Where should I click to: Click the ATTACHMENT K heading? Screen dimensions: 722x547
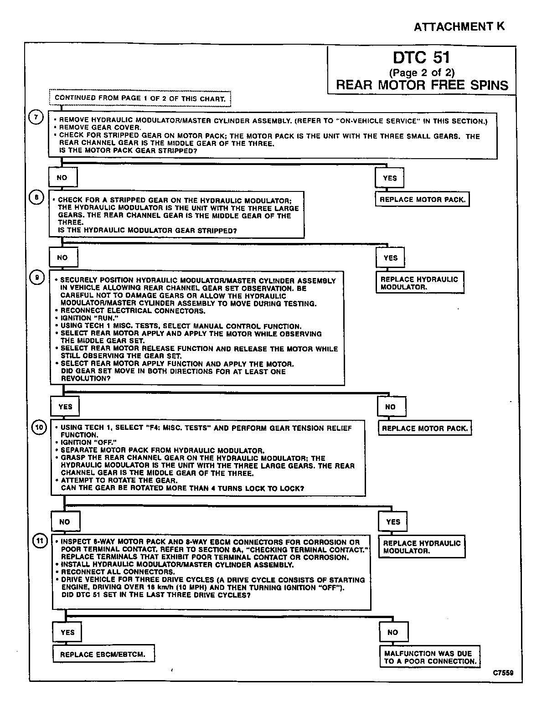coord(459,27)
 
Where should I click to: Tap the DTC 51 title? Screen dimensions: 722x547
coord(422,58)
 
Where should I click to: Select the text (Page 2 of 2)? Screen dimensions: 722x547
coord(422,72)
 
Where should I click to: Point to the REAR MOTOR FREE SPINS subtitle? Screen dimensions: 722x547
coord(422,85)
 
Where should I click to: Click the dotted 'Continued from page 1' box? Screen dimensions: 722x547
coord(140,98)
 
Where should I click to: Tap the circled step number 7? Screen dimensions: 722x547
coord(36,117)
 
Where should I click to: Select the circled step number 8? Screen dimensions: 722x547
coord(36,197)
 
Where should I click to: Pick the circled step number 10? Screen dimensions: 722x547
coord(39,427)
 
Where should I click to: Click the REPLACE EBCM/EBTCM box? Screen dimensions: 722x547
coord(103,654)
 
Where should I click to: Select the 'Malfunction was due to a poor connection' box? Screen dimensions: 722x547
coord(430,657)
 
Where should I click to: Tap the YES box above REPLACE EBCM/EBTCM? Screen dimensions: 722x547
coord(67,632)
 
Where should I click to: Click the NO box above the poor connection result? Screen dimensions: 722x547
coord(393,632)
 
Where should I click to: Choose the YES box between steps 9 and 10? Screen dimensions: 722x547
coord(66,407)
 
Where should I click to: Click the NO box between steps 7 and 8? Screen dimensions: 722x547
coord(62,178)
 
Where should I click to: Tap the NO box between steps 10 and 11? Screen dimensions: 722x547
coord(65,521)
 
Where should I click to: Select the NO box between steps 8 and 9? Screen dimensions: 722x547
coord(62,258)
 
